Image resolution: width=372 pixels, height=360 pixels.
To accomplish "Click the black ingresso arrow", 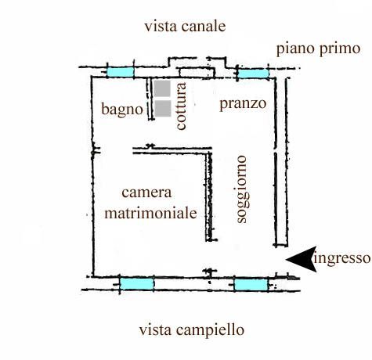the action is click(303, 259).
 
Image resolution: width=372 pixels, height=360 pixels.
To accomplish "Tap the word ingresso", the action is click(342, 259).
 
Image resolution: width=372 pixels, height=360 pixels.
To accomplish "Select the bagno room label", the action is click(122, 109).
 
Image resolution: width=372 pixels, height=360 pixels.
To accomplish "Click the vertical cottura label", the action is click(182, 106).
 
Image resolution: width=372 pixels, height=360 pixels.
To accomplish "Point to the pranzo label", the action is click(243, 104).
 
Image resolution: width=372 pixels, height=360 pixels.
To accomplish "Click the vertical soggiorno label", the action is click(242, 189).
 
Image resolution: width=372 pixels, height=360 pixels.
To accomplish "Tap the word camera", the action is click(146, 193).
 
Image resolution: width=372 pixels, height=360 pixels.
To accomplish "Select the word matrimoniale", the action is click(150, 213).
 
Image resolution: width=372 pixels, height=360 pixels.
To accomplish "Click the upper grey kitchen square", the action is click(162, 88).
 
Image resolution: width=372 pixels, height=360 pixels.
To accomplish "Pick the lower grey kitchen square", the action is click(163, 108).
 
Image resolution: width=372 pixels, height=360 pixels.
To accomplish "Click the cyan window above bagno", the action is click(121, 72).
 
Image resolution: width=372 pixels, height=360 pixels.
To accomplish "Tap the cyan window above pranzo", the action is click(254, 74).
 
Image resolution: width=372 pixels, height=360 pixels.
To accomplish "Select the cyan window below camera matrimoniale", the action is click(136, 284).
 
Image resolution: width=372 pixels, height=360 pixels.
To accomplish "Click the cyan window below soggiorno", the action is click(251, 285).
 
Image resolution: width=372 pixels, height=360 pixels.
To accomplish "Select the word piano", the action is click(295, 49).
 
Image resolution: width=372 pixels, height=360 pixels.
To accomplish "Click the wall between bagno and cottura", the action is click(150, 99).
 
